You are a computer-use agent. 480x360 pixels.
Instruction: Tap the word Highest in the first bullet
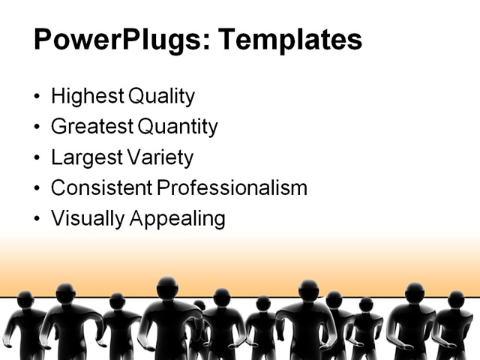(x=86, y=97)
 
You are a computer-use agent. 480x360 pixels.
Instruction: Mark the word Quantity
(x=177, y=127)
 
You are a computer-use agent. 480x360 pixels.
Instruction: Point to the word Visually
(x=87, y=218)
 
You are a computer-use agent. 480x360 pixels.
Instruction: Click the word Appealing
(x=178, y=218)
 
